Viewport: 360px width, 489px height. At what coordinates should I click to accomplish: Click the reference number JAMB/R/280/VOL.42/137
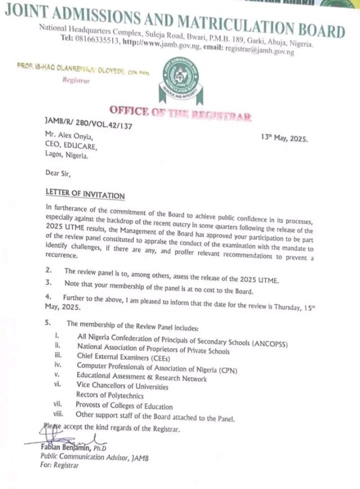[88, 126]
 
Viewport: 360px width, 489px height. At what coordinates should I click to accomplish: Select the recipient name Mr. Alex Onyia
[70, 137]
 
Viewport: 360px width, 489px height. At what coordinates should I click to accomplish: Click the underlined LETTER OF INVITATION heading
[85, 195]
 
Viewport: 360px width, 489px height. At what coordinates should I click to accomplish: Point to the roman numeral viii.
[57, 414]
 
